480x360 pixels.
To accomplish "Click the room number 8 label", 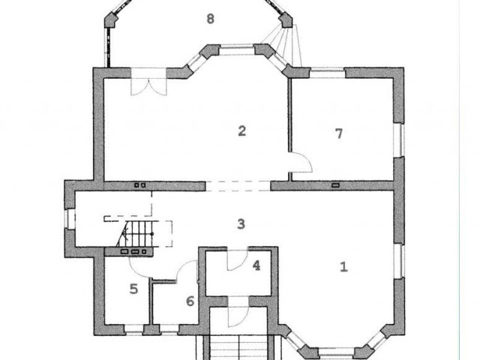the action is [210, 19].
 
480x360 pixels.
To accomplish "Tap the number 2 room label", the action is [241, 131].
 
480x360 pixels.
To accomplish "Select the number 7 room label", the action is [338, 133].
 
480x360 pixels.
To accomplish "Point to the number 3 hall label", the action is [241, 224].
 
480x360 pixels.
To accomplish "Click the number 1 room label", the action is [343, 267].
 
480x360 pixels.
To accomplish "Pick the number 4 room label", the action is [256, 265].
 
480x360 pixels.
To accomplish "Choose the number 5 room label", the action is [133, 289].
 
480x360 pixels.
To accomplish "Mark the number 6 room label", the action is [190, 301].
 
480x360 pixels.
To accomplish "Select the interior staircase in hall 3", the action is [135, 234].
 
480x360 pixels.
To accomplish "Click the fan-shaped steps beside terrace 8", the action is [282, 46].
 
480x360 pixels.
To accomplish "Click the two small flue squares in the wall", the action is [140, 185].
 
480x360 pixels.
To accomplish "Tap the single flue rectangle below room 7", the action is [336, 185].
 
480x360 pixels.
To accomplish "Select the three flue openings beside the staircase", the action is [135, 252].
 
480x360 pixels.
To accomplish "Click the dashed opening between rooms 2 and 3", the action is [238, 186].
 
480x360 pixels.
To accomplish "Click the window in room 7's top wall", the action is [327, 73].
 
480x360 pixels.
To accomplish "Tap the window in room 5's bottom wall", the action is [133, 329].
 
